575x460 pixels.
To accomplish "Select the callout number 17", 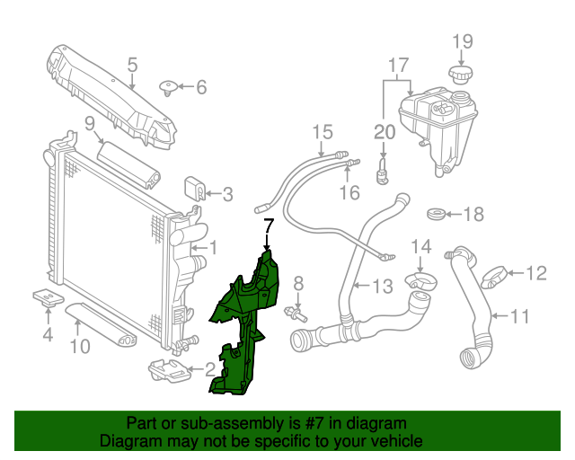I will coord(398,65).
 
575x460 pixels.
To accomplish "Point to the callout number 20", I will coord(384,131).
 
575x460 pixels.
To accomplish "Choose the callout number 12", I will coord(535,272).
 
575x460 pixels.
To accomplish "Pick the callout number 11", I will coord(521,316).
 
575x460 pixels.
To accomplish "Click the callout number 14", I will coord(421,246).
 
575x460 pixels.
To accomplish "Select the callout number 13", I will coord(383,287).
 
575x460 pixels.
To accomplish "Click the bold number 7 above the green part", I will coord(267,225).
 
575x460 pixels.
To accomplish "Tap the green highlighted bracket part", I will coord(243,332).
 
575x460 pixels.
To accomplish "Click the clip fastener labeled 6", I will coord(168,87).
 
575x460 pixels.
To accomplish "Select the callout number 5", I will coord(132,65).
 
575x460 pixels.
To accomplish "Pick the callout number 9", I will coord(90,123).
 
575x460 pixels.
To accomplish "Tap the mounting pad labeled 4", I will coord(46,296).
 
